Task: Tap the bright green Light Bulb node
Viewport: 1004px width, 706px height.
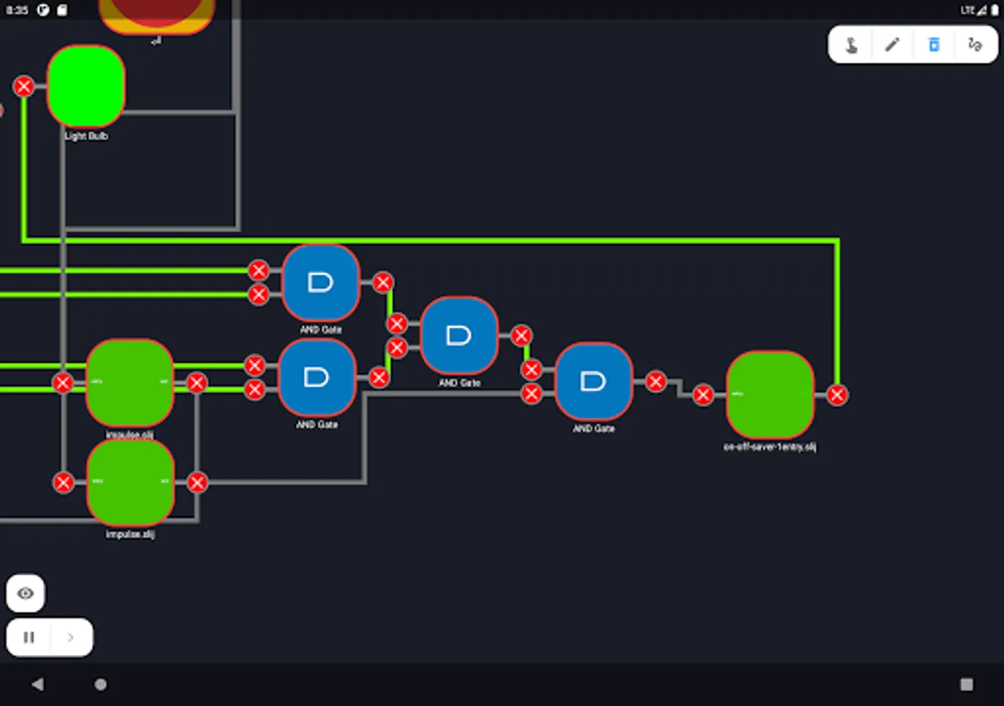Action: pyautogui.click(x=86, y=86)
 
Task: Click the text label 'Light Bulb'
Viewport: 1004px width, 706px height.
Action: pyautogui.click(x=86, y=136)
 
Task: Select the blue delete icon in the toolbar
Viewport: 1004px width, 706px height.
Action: pyautogui.click(x=933, y=45)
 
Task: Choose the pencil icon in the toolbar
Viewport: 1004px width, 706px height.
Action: pyautogui.click(x=892, y=45)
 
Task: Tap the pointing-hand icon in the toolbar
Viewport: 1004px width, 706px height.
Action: pyautogui.click(x=851, y=45)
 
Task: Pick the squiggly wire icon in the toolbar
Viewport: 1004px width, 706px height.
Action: pyautogui.click(x=975, y=45)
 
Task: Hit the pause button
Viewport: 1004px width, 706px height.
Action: pyautogui.click(x=29, y=637)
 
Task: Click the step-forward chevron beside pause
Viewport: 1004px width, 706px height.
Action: pyautogui.click(x=71, y=637)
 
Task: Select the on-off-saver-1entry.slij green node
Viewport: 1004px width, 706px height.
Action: pyautogui.click(x=769, y=395)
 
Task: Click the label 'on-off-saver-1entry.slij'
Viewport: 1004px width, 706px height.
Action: pyautogui.click(x=769, y=447)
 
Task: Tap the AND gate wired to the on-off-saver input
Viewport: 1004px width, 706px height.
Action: pyautogui.click(x=594, y=381)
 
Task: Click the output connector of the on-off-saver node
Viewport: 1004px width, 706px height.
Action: pyautogui.click(x=837, y=395)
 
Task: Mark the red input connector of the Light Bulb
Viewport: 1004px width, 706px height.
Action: pyautogui.click(x=24, y=86)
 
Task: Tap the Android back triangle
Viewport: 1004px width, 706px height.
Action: pyautogui.click(x=37, y=684)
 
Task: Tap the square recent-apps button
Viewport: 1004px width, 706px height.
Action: pyautogui.click(x=966, y=684)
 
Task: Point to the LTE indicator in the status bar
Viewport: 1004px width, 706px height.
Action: pyautogui.click(x=967, y=10)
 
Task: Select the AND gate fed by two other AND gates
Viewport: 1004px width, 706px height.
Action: pyautogui.click(x=459, y=336)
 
